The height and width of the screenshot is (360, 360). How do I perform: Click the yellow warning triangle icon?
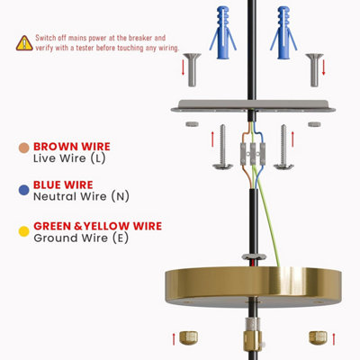coord(24,43)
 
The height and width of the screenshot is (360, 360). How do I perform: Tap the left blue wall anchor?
coord(223,32)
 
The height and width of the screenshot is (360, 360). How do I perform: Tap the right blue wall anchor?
coord(283,32)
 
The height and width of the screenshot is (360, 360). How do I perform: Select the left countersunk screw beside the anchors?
coord(192,69)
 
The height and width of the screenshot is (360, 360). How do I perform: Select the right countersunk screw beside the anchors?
coord(314,69)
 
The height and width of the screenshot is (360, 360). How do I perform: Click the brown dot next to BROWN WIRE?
coord(23,148)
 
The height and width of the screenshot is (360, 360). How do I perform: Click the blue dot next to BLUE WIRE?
coord(23,190)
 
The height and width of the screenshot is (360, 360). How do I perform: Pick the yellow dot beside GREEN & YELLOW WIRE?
coord(23,231)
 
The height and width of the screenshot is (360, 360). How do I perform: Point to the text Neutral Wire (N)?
coord(81,196)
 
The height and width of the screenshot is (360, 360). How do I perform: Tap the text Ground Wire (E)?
coord(81,238)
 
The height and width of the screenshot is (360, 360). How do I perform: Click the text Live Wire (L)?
coord(69,158)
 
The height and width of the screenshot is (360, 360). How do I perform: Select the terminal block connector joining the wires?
coord(253,154)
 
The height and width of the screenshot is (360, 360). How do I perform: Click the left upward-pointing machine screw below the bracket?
coord(222,147)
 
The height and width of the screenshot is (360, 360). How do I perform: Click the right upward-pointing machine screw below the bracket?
coord(283,147)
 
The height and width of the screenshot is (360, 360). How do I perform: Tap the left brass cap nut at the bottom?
coord(188,337)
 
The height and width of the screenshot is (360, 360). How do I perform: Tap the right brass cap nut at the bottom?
coord(318,337)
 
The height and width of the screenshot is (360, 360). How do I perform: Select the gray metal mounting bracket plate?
coord(253,106)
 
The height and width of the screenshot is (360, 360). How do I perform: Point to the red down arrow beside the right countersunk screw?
coord(323,67)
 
